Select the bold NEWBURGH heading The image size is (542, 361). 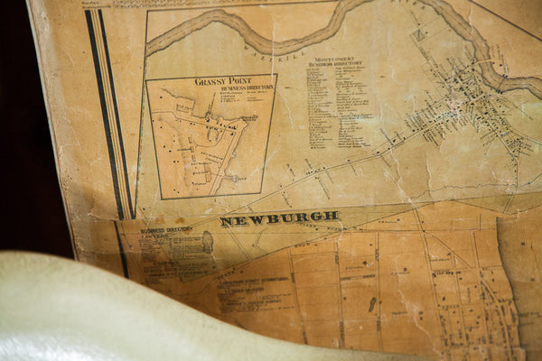coord(280,218)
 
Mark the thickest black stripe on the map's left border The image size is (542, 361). coord(104,117)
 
